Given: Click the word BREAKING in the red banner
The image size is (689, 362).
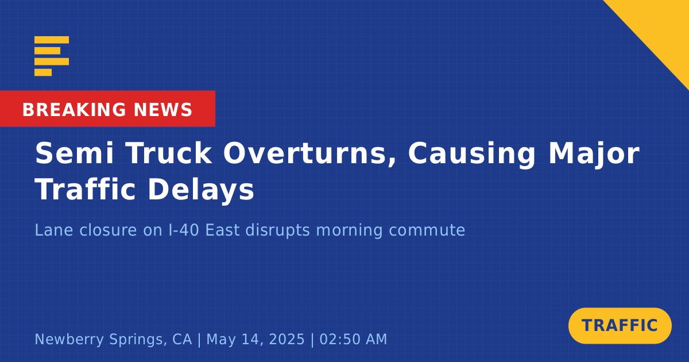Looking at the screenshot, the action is [x=74, y=110].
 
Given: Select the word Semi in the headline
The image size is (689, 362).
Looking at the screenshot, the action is [x=74, y=153].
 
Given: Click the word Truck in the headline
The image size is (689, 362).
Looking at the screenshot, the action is [x=169, y=153].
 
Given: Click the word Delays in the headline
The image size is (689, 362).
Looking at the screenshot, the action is [x=201, y=190].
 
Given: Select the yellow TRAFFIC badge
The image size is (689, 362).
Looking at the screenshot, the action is [x=620, y=326].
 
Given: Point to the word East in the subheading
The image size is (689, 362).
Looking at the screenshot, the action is [x=222, y=230].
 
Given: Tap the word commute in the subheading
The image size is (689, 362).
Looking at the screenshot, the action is [x=427, y=230].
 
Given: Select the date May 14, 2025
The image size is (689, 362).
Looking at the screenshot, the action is [x=256, y=340].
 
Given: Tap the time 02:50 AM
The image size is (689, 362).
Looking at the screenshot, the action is [x=353, y=339].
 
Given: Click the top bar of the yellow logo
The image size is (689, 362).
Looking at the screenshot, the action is [x=52, y=40].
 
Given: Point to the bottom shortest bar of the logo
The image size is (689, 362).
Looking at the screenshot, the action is [x=43, y=72].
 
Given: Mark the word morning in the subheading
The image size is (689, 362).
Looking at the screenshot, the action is [x=349, y=231].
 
